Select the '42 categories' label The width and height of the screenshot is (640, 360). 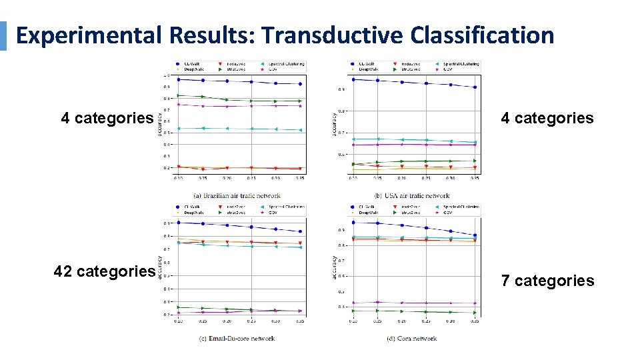(x=105, y=271)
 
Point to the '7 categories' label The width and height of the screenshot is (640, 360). (x=547, y=281)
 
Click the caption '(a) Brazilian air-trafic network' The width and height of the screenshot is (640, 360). (x=237, y=195)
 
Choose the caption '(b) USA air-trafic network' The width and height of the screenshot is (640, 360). (x=411, y=195)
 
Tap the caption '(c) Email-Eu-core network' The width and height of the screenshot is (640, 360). (x=237, y=338)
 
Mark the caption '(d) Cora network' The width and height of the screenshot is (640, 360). (x=411, y=338)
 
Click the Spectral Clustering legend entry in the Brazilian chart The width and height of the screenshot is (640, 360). (x=285, y=64)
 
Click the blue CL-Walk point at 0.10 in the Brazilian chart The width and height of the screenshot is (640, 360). (x=179, y=79)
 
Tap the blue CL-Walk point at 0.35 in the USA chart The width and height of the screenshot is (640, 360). (x=475, y=87)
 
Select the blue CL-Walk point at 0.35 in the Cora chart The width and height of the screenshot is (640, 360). (x=475, y=235)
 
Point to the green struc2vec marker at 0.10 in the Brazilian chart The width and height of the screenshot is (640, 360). (x=179, y=95)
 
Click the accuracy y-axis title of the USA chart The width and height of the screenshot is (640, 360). (x=333, y=123)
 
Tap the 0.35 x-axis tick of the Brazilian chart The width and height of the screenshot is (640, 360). (x=301, y=179)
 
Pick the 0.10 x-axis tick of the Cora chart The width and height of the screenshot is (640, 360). (x=353, y=321)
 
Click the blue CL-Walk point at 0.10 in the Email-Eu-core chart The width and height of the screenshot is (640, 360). (x=179, y=223)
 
